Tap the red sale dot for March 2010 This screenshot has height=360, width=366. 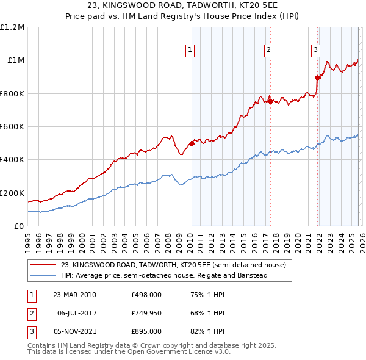coord(192,143)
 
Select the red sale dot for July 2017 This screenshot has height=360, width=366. coord(270,101)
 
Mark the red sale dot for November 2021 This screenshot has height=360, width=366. coord(317,77)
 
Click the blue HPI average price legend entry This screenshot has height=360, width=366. coord(164,275)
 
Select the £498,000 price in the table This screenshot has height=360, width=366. coord(146,294)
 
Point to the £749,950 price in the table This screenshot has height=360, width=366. coord(146,313)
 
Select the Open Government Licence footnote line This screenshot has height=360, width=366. coord(129,352)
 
